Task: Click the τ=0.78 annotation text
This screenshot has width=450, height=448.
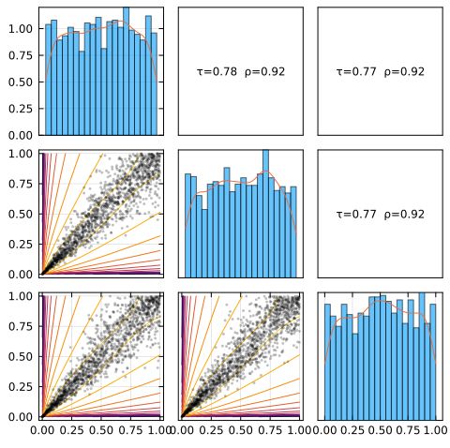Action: (217, 72)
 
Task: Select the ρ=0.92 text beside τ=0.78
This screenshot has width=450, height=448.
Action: (264, 72)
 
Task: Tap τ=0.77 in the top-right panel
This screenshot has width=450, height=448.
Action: (356, 72)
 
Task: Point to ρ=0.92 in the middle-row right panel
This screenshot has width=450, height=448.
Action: (404, 215)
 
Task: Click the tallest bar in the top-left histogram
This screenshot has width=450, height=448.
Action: (126, 71)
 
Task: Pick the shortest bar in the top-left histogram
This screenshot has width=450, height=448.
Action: (82, 93)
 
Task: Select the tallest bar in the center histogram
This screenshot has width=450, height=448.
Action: (265, 214)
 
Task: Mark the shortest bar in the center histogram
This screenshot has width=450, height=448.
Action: (204, 244)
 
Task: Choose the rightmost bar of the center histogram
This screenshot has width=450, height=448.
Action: (293, 232)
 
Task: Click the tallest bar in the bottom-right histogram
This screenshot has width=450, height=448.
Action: (422, 356)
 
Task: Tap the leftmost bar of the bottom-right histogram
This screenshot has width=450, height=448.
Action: (327, 362)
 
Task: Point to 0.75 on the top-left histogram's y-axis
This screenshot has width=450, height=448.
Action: (21, 55)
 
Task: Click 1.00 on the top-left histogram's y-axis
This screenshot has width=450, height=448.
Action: (21, 29)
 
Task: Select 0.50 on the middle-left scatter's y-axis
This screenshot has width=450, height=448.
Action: (21, 215)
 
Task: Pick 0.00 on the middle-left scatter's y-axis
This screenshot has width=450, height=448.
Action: (21, 275)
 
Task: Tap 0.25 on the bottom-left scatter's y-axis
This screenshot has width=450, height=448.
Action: (21, 387)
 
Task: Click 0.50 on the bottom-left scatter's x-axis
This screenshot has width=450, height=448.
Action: (101, 430)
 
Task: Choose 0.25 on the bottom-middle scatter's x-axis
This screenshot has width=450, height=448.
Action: (211, 430)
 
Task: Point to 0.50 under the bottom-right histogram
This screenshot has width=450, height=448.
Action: (381, 430)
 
